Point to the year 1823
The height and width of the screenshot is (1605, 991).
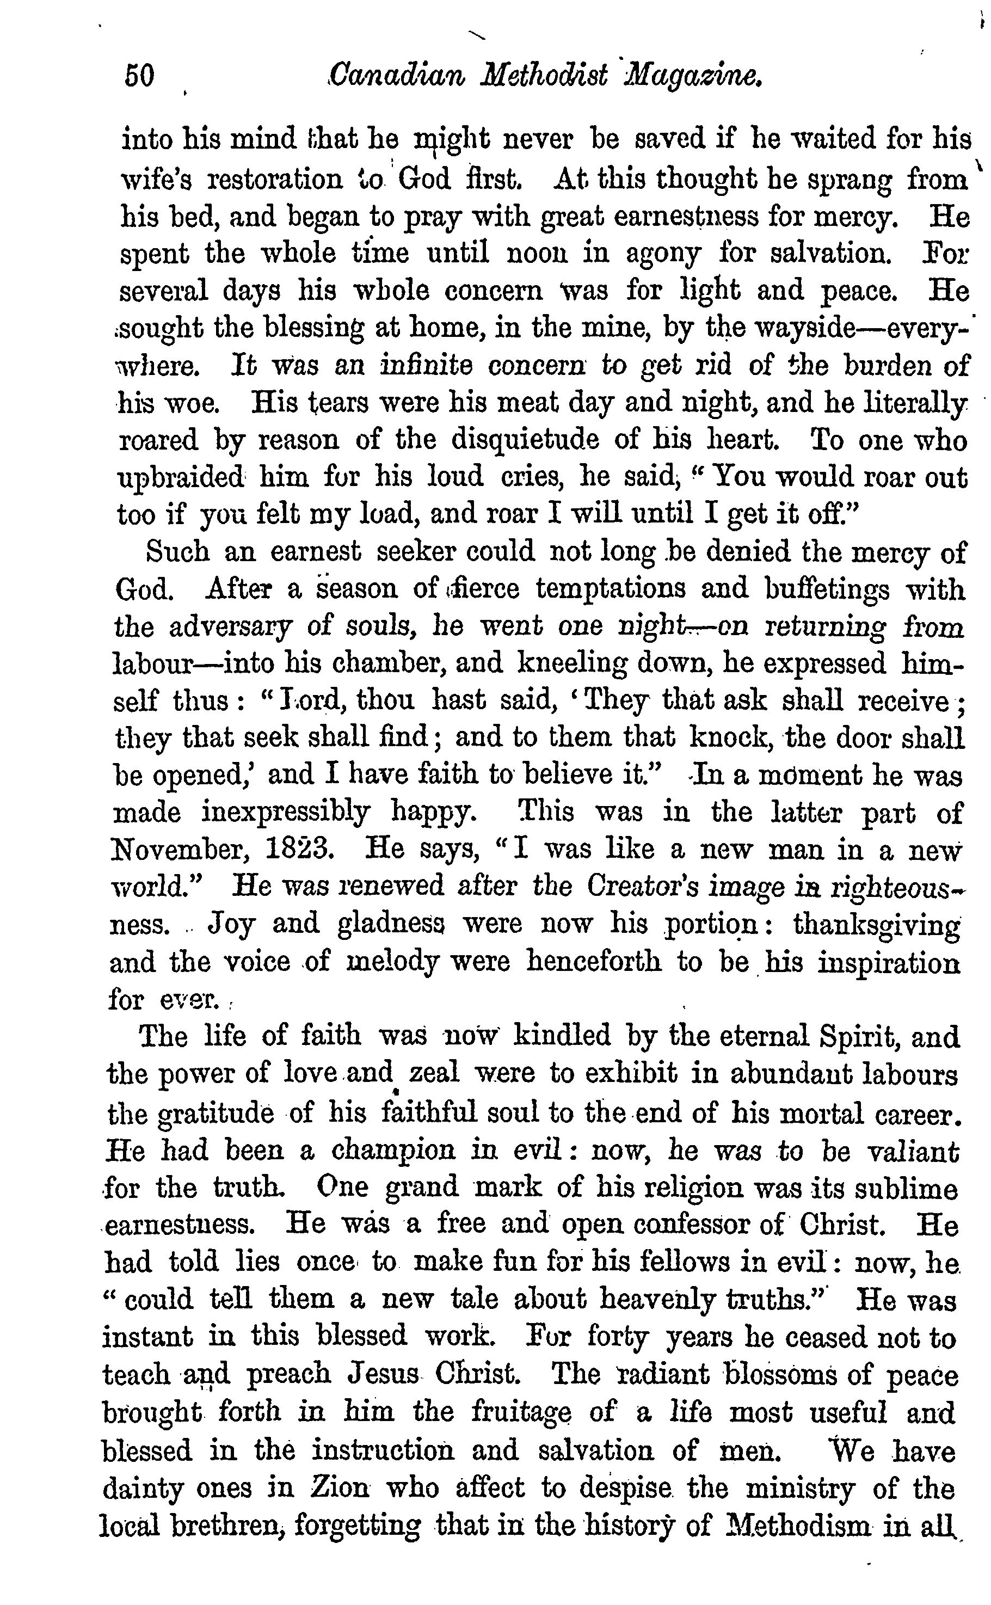[x=301, y=850]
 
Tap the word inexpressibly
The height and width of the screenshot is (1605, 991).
[x=286, y=813]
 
